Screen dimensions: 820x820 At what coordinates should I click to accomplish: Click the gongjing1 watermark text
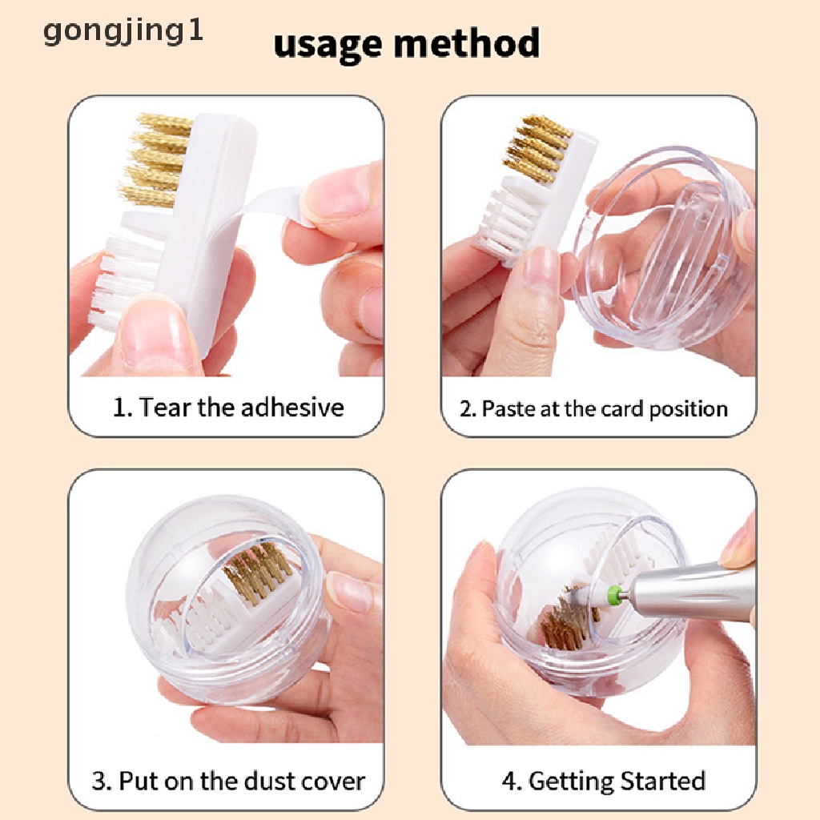[x=123, y=32]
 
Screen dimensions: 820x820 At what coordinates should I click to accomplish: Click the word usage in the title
[x=328, y=45]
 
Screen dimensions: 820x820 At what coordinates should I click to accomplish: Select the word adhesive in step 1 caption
[x=292, y=407]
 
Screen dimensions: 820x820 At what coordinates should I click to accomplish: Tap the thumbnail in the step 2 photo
[x=541, y=270]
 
